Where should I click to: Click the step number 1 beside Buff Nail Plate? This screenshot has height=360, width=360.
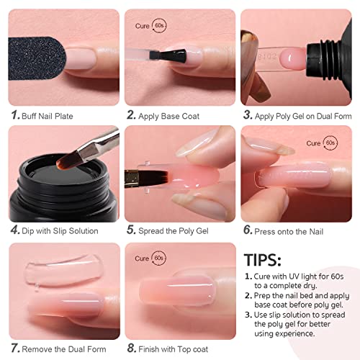(14, 114)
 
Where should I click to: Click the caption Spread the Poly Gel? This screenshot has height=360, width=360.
(176, 230)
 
